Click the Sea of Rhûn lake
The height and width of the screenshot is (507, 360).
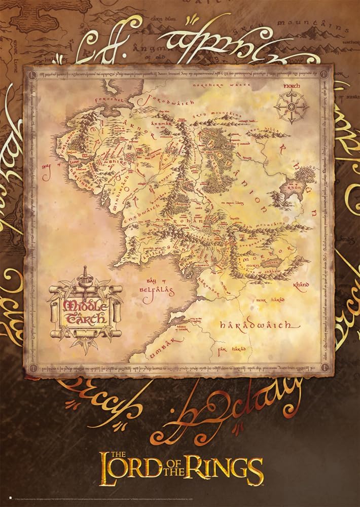296,180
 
